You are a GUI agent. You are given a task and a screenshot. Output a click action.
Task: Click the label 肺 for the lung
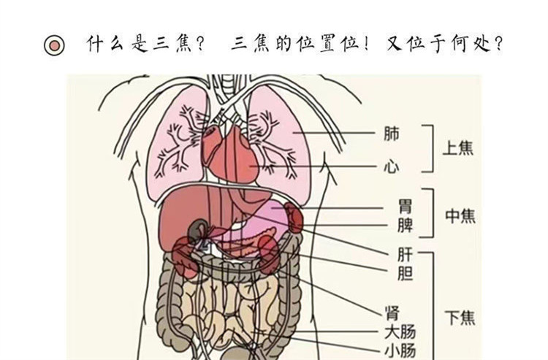pos(392,134)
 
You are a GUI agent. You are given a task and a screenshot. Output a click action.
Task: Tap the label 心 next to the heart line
pos(392,166)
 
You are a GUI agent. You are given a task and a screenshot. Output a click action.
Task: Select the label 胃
pos(404,208)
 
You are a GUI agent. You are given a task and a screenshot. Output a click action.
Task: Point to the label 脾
pos(404,226)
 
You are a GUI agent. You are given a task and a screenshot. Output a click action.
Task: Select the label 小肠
pos(399,351)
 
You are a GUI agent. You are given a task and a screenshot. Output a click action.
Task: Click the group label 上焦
pos(459,148)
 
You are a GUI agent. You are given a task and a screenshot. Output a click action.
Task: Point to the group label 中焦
pos(460,216)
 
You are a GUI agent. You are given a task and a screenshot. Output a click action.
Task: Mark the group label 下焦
pos(460,318)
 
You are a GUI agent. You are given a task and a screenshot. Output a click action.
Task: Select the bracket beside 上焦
pos(431,148)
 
